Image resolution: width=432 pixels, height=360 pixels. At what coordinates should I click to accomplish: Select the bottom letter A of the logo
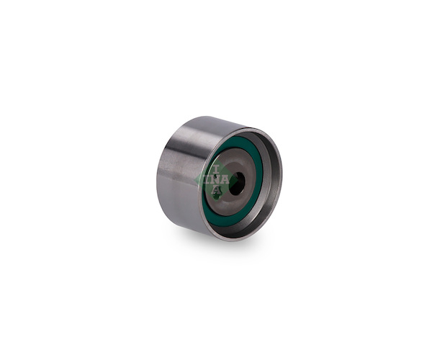[217, 190]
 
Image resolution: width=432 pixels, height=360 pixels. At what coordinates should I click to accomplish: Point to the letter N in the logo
[215, 179]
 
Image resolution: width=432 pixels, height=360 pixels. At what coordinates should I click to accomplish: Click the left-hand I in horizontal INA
[207, 179]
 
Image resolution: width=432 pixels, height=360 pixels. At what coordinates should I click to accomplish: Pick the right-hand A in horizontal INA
[225, 179]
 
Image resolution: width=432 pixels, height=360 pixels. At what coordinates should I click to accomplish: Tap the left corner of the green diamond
[195, 180]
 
